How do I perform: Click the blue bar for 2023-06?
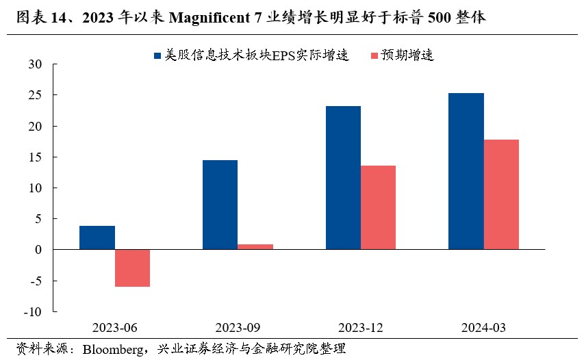[97, 237]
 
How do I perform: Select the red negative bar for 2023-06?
[132, 268]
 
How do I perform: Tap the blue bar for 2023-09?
[220, 205]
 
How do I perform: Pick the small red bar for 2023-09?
[255, 247]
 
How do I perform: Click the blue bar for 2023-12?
[343, 178]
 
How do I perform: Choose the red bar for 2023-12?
[378, 207]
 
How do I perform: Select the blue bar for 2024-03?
[466, 171]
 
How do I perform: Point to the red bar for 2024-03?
[501, 194]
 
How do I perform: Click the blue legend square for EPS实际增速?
[157, 55]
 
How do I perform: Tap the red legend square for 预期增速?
[374, 55]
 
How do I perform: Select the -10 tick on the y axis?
[33, 312]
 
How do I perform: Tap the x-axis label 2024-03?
[483, 327]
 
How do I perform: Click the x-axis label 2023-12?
[360, 327]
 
